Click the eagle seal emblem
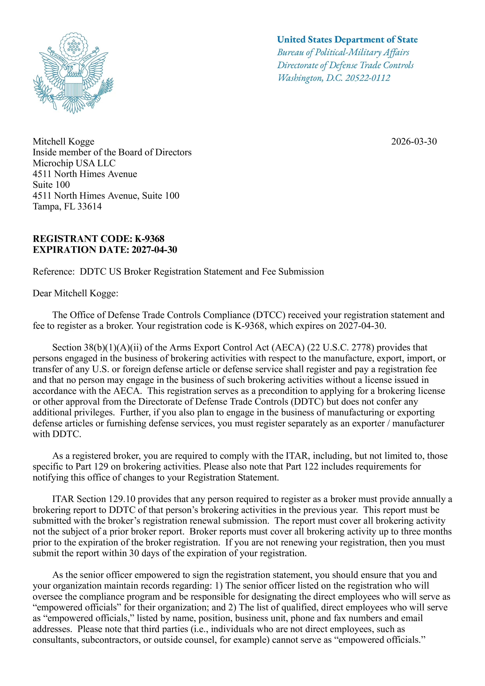click(73, 73)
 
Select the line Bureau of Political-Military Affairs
click(343, 53)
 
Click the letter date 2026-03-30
click(414, 141)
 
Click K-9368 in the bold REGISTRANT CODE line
click(149, 239)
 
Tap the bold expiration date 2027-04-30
click(154, 250)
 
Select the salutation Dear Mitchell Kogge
click(75, 293)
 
